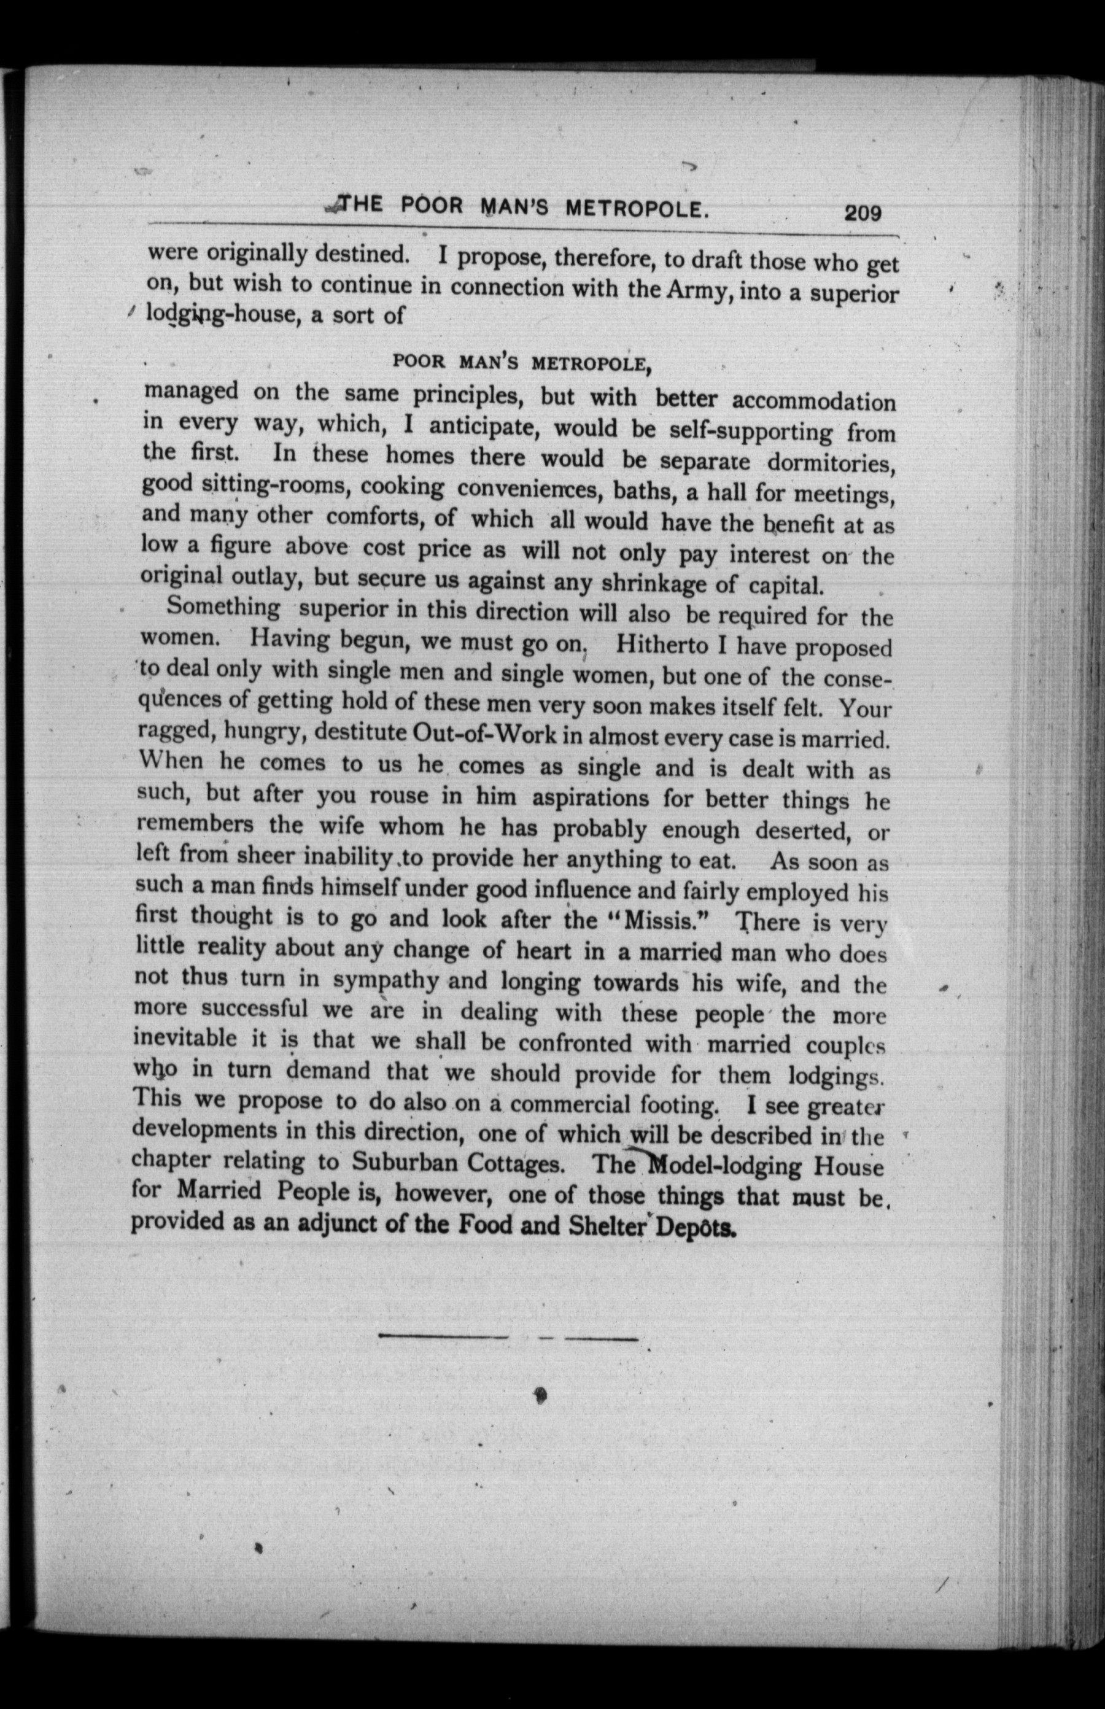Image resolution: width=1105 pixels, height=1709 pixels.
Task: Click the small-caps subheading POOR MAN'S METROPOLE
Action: tap(521, 362)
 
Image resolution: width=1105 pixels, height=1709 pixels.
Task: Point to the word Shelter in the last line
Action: tap(607, 1226)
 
